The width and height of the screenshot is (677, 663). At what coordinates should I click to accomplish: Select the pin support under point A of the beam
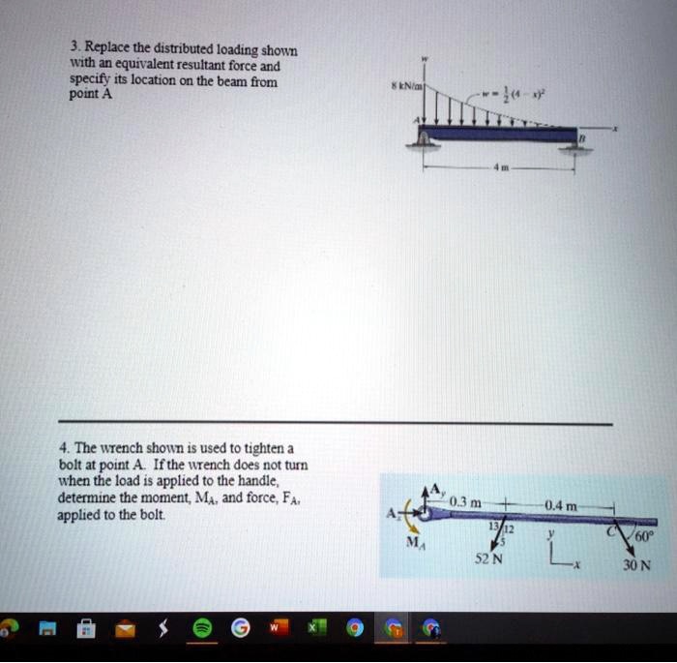[424, 144]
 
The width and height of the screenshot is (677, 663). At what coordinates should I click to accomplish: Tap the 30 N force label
[637, 566]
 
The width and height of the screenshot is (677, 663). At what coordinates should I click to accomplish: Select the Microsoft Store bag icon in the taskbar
[85, 630]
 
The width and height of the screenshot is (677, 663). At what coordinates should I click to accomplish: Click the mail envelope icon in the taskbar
[124, 630]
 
